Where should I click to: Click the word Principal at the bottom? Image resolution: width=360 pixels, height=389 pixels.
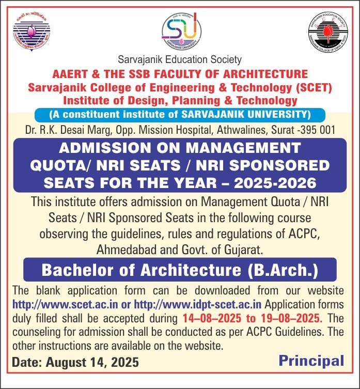[311, 361]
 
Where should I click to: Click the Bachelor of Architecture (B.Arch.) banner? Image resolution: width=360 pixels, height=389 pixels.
[180, 270]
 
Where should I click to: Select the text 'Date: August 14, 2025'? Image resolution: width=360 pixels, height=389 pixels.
[75, 362]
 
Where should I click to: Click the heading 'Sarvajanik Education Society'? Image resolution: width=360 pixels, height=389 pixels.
[180, 60]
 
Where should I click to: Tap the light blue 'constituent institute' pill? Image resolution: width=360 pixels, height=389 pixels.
[180, 114]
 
